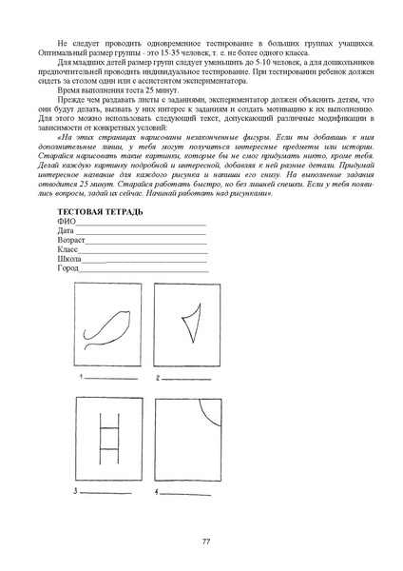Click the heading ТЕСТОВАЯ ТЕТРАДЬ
(102, 212)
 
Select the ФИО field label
(66, 222)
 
